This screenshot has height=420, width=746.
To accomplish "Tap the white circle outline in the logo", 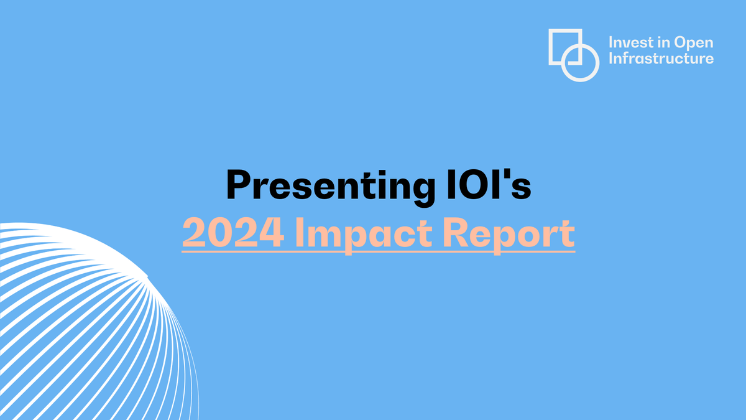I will click(581, 63).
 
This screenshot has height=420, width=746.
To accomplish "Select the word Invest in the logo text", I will click(628, 44).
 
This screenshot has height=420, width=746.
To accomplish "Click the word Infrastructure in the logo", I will click(661, 59).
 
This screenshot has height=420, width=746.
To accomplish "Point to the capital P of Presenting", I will click(238, 184).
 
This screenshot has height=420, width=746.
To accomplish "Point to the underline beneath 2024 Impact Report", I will click(378, 251).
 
